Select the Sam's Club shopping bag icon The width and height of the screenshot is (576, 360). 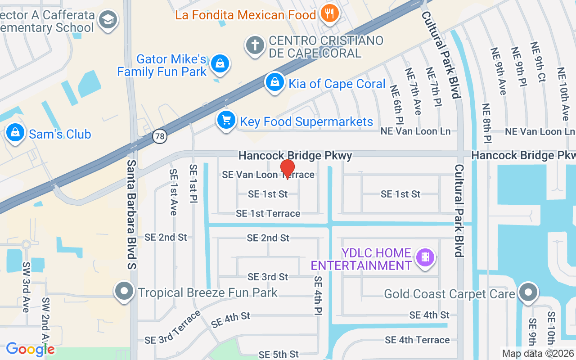click(15, 134)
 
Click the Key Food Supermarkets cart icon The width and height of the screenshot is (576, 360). click(226, 121)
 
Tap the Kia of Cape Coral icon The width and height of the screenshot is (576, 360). click(274, 83)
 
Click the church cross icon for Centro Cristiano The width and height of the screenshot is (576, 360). click(255, 46)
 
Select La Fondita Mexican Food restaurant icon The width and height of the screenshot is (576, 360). click(330, 14)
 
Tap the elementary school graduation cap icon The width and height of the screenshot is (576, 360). click(108, 20)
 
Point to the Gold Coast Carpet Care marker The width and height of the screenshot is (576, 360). click(528, 292)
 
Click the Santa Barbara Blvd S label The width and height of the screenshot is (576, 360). click(131, 214)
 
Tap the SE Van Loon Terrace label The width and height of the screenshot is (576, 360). click(268, 175)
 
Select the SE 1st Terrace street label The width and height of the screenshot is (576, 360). click(268, 213)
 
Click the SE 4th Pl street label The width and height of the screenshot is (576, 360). click(319, 295)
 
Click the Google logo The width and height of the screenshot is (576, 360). click(30, 349)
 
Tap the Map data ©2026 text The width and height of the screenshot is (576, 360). click(538, 354)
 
